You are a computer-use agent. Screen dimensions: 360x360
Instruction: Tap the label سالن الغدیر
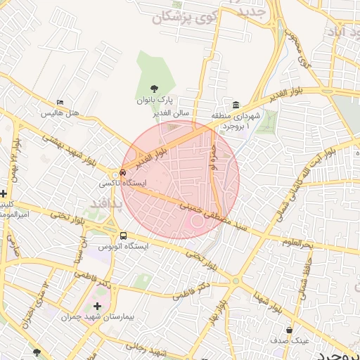[172, 112]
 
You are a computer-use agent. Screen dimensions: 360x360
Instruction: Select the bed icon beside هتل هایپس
[59, 103]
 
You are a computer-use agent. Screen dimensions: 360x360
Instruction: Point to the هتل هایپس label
[59, 113]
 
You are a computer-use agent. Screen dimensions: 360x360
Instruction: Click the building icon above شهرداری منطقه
[235, 104]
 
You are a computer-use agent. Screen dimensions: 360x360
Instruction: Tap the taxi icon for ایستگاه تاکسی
[123, 171]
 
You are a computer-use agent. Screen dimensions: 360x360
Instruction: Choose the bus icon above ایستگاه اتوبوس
[123, 236]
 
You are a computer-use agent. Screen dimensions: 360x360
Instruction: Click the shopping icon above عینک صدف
[289, 330]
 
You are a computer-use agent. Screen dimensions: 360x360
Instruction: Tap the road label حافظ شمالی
[306, 274]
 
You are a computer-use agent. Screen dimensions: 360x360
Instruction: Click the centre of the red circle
[180, 180]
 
